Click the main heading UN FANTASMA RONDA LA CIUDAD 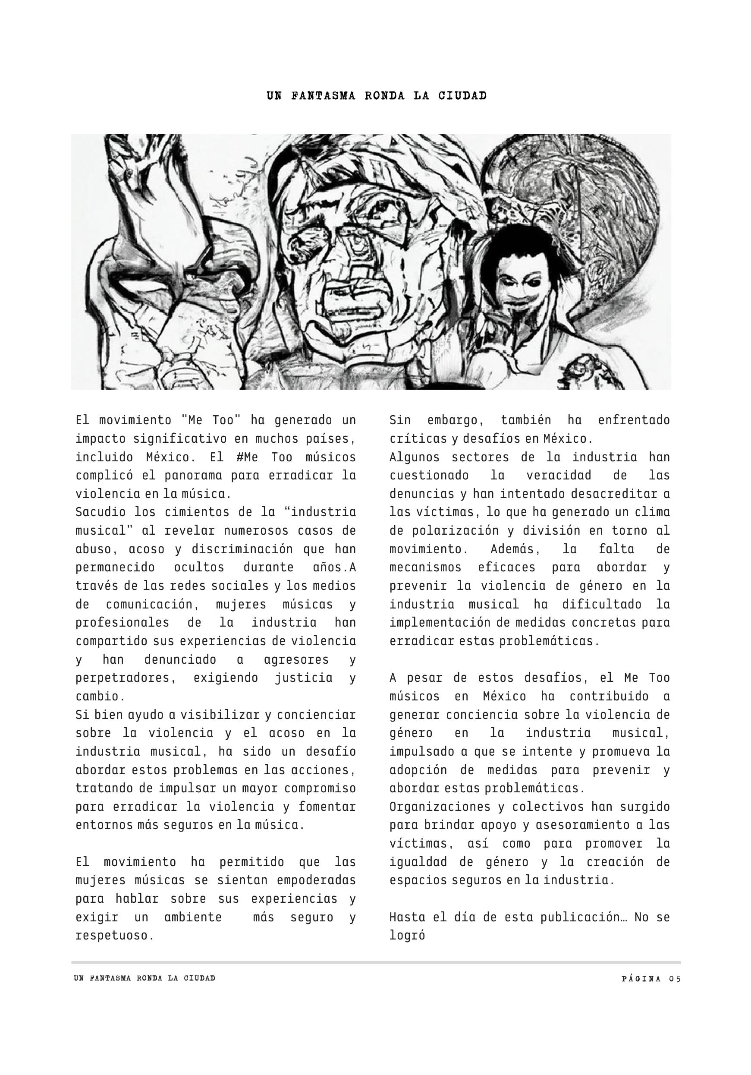(x=377, y=95)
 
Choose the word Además (x=515, y=549)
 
